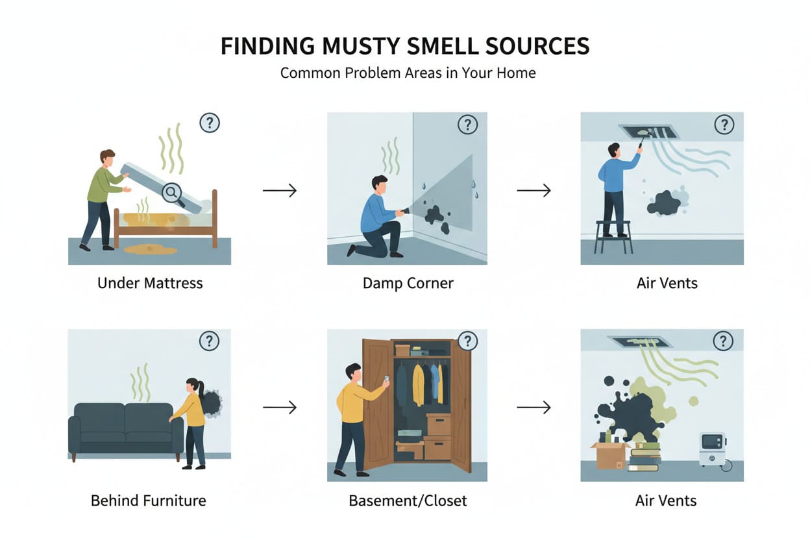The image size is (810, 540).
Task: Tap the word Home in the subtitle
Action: (517, 72)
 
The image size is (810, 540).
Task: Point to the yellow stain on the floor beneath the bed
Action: (150, 249)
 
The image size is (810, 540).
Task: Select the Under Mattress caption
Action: (150, 283)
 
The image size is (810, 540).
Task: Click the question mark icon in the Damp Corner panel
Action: (467, 125)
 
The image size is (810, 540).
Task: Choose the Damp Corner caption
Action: (408, 283)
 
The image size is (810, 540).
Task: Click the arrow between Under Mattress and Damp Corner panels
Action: (279, 190)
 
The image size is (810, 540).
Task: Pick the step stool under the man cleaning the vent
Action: (613, 237)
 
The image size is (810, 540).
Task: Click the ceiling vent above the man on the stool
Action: (650, 131)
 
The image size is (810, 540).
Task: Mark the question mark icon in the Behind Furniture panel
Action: (209, 341)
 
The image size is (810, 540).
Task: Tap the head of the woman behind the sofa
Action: (193, 386)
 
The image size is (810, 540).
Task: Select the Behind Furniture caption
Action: (149, 500)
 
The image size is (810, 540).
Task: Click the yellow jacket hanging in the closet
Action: (418, 384)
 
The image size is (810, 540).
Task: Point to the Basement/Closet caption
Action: (408, 500)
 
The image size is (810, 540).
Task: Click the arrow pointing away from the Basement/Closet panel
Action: (534, 408)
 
